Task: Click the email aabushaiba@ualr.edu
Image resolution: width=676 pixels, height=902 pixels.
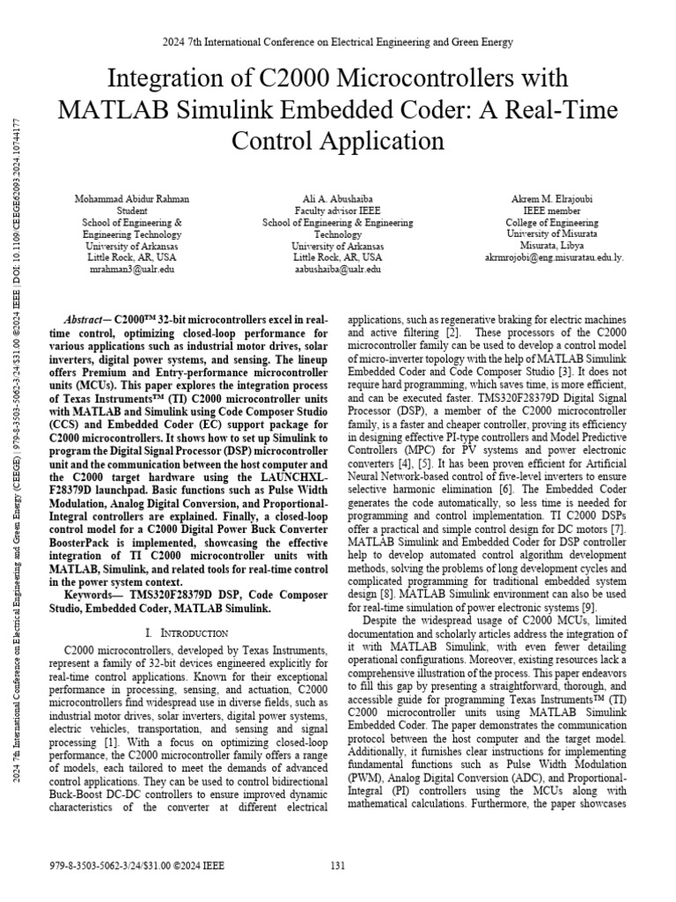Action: tap(337, 270)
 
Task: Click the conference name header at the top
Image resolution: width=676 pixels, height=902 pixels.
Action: tap(337, 41)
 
